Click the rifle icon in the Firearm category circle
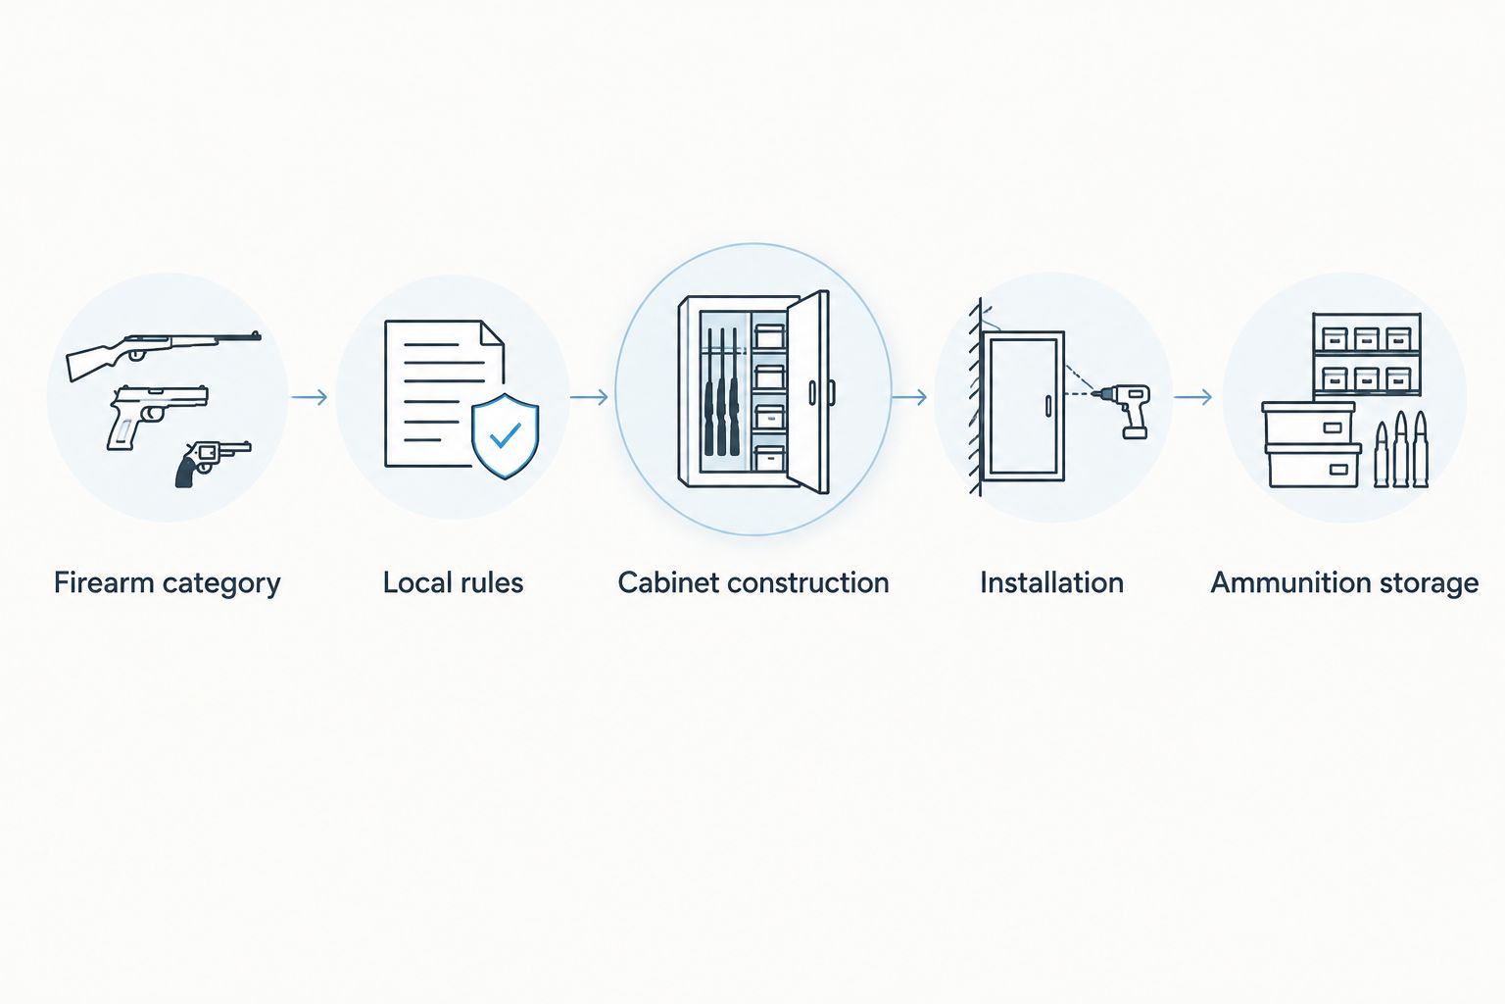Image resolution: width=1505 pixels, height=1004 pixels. [164, 354]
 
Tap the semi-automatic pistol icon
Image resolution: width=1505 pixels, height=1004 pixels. [157, 416]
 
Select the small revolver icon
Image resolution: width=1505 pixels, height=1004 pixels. [213, 462]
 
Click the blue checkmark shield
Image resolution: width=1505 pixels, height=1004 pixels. [506, 435]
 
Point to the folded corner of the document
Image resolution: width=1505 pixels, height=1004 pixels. [493, 332]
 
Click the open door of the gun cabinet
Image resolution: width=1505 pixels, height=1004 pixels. [809, 392]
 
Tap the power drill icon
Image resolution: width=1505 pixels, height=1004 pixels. [1126, 410]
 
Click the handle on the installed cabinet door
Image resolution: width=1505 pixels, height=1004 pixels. [1047, 406]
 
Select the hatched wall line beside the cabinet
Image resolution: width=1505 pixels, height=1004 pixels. [976, 397]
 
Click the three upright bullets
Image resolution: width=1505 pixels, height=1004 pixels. [1401, 449]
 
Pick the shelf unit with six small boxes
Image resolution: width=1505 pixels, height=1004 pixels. [1367, 354]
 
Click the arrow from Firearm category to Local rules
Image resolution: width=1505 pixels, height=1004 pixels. [309, 397]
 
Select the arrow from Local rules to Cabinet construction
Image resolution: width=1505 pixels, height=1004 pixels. [589, 397]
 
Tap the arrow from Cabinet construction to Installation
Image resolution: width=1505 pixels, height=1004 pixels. [909, 397]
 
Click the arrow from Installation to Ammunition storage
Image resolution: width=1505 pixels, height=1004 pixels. [1193, 397]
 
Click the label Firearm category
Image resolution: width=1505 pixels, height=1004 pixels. [167, 583]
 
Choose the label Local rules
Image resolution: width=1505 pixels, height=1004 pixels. [453, 582]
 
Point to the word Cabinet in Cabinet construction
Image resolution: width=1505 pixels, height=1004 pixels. [666, 582]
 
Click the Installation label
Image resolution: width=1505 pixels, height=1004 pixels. [1051, 582]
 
